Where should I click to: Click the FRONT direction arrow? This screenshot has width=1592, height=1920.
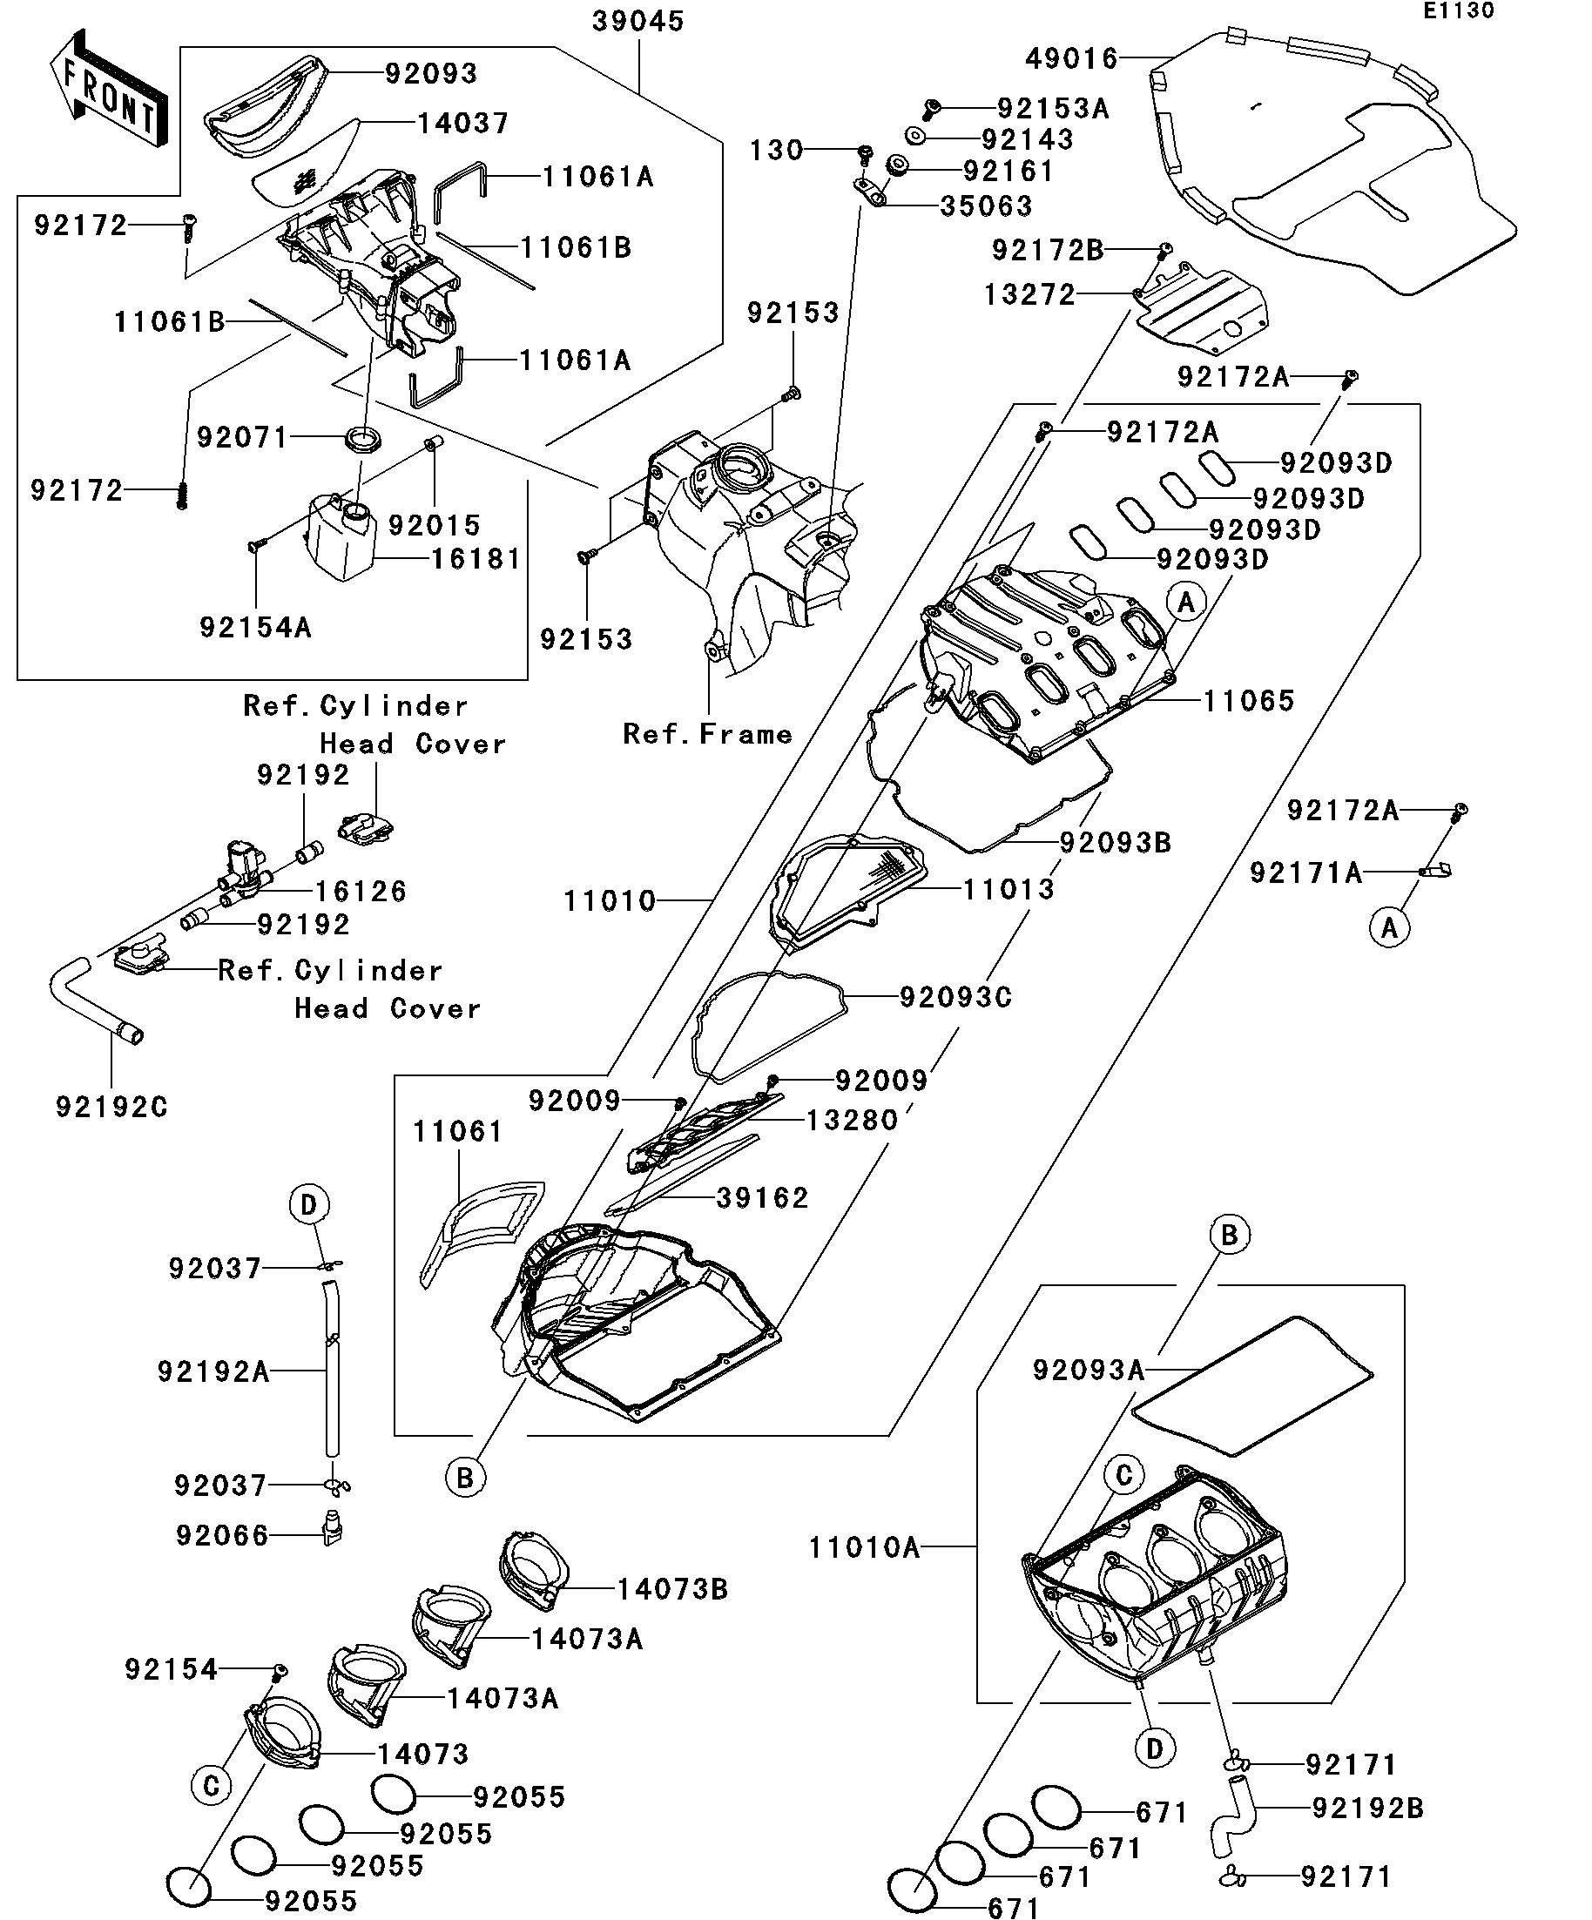tap(108, 90)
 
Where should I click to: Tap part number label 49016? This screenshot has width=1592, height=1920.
tap(1071, 59)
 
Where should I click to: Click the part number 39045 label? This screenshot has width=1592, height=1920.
tap(637, 22)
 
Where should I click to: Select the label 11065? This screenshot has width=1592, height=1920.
tap(1247, 701)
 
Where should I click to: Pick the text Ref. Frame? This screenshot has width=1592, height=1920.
tap(707, 734)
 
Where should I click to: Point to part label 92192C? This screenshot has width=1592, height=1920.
tap(111, 1108)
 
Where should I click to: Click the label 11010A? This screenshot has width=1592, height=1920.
tap(863, 1548)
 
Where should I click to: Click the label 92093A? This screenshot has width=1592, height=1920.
tap(1087, 1370)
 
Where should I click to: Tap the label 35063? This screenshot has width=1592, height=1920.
tap(986, 206)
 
